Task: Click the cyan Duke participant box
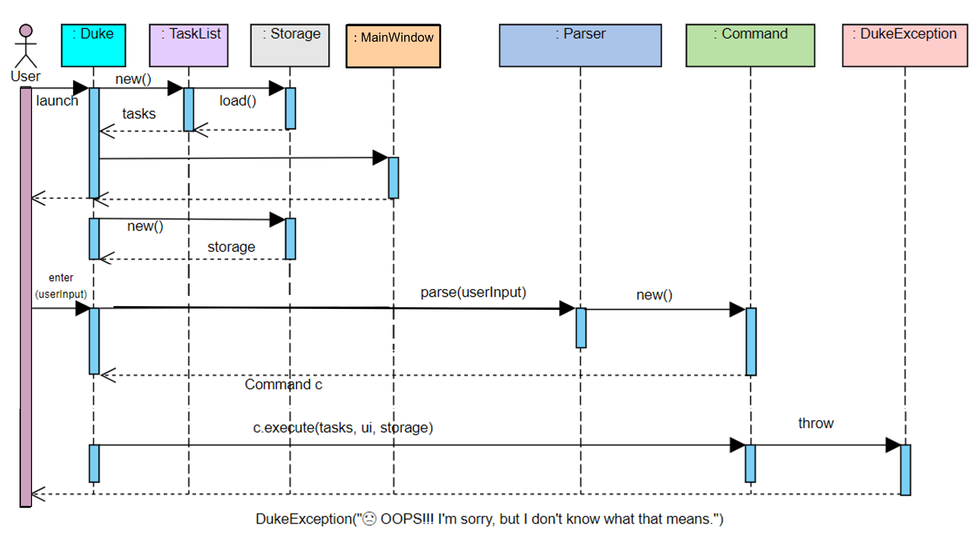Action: pos(93,45)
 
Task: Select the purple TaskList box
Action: pos(188,45)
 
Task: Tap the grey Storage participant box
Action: pos(290,45)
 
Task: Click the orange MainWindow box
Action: pos(393,46)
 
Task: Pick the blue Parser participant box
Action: pos(580,45)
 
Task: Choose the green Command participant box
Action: pos(750,45)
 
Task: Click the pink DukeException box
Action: pos(905,45)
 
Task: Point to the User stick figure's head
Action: pos(26,31)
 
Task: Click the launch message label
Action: pos(57,101)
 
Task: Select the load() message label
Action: pos(237,101)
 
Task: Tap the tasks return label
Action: pos(139,114)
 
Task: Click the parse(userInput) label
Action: pos(473,292)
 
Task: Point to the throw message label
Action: pos(815,423)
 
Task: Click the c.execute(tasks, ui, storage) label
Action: pos(343,428)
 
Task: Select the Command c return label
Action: pos(283,385)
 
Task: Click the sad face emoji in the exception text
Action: pos(370,519)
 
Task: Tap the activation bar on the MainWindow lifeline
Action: pos(394,178)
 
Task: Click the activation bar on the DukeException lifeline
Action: pos(905,470)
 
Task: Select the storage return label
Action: pos(231,247)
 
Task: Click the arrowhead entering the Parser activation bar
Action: pos(566,309)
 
